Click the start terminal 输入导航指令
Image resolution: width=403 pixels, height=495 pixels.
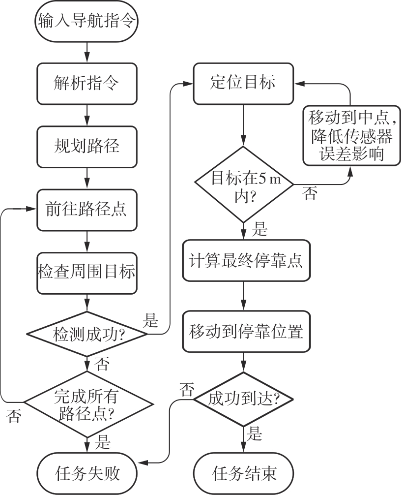86,21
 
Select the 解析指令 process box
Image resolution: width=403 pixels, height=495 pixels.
86,82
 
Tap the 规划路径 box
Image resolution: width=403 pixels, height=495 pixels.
86,146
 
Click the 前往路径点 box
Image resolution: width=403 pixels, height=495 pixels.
86,210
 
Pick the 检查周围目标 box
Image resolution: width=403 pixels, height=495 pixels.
86,272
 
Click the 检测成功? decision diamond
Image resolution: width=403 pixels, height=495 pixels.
86,334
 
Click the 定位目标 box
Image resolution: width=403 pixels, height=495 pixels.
243,82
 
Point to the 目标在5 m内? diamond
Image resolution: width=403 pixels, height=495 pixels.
243,185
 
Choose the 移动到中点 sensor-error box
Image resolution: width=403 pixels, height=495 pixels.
350,135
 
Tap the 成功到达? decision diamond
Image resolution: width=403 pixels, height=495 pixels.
243,398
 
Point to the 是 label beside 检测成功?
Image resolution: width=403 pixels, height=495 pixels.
150,322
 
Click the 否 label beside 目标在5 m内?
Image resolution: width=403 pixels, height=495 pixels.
310,193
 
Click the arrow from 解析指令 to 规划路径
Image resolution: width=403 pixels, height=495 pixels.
86,117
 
